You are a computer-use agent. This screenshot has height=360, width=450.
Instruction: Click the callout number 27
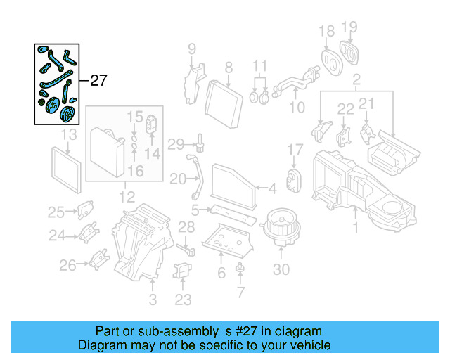pyautogui.click(x=98, y=80)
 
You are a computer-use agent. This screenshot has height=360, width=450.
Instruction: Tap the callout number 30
pyautogui.click(x=281, y=270)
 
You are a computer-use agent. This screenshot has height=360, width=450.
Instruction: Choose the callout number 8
pyautogui.click(x=228, y=68)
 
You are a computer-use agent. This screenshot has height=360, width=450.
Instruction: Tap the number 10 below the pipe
pyautogui.click(x=297, y=107)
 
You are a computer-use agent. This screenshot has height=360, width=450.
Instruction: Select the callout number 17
pyautogui.click(x=295, y=150)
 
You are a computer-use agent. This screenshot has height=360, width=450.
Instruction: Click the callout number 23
pyautogui.click(x=183, y=300)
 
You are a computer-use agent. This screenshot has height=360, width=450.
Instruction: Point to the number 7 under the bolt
pyautogui.click(x=240, y=291)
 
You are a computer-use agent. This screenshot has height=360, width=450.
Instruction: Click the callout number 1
pyautogui.click(x=356, y=229)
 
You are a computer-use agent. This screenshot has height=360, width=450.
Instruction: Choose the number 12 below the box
pyautogui.click(x=127, y=197)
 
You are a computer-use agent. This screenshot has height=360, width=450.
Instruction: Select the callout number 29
pyautogui.click(x=176, y=145)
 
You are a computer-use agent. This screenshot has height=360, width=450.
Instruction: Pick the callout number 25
pyautogui.click(x=56, y=212)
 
